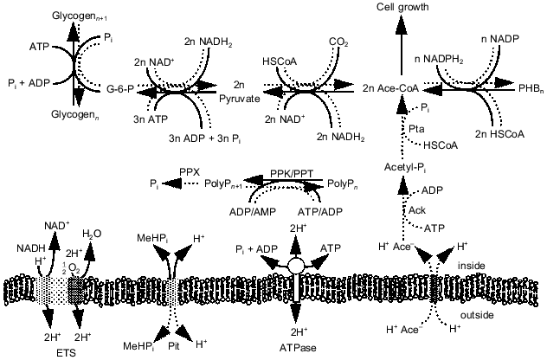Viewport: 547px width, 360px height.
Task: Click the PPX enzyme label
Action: click(x=190, y=173)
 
